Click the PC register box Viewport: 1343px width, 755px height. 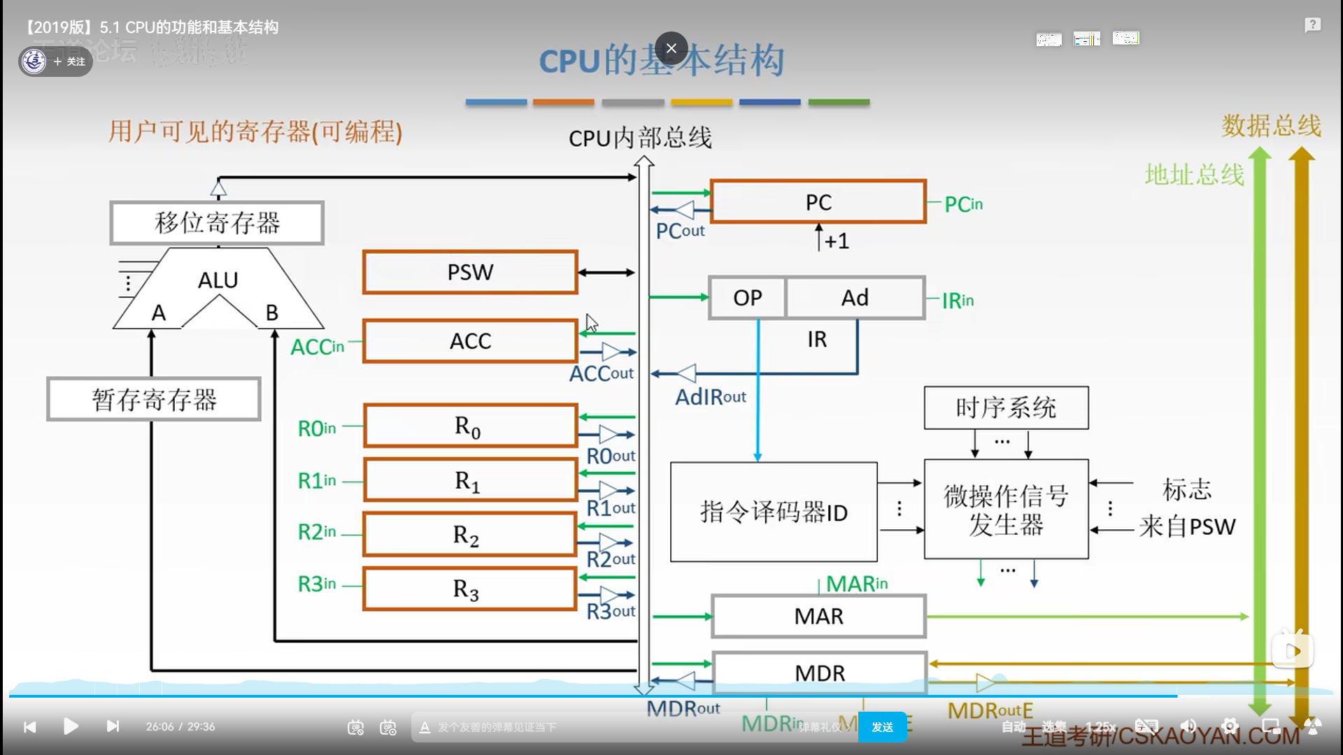click(818, 202)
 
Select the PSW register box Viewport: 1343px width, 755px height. click(470, 272)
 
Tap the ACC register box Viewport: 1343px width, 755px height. click(470, 341)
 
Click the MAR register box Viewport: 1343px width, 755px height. click(818, 617)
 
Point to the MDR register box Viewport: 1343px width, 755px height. click(819, 673)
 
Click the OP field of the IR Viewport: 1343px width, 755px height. click(747, 298)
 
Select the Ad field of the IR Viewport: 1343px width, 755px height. click(855, 298)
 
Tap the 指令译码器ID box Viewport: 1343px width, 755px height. click(774, 512)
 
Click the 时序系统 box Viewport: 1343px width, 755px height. click(1006, 408)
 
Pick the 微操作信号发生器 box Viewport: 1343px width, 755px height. click(1006, 510)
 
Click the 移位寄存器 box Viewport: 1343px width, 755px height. click(217, 223)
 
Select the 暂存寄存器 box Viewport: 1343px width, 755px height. click(154, 399)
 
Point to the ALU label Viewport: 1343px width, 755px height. click(218, 280)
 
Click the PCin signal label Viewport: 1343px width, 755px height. click(963, 205)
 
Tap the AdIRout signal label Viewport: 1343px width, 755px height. click(710, 397)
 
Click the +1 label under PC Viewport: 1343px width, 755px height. click(837, 241)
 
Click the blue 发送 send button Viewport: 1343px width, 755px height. click(882, 727)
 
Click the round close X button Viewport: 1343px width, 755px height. click(671, 48)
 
